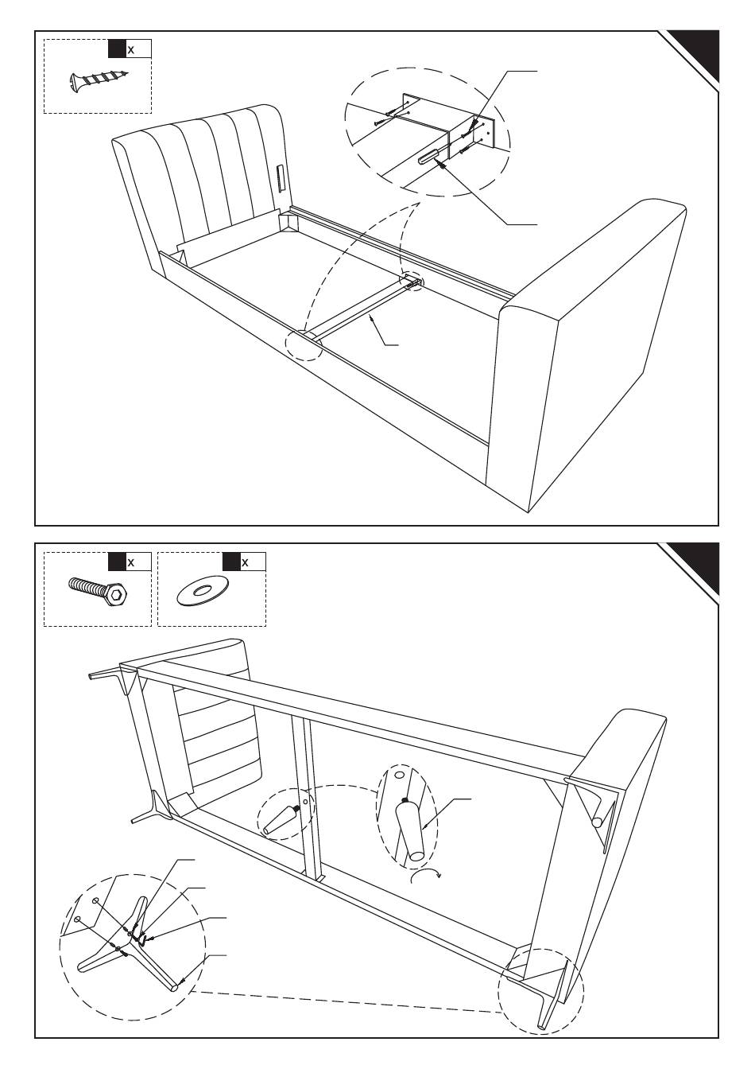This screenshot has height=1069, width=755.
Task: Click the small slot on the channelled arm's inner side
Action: pos(281,178)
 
